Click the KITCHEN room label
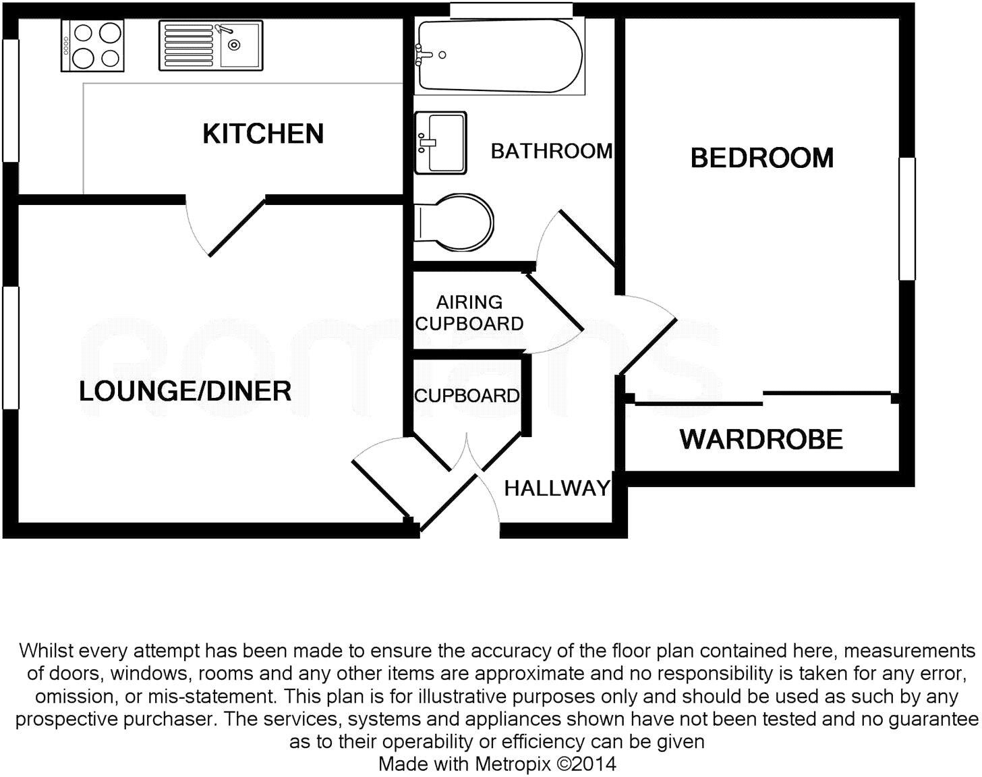(263, 134)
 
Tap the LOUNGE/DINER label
(185, 391)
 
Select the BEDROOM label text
(762, 158)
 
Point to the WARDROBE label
(761, 439)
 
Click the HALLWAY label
(557, 488)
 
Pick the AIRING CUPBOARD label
(469, 313)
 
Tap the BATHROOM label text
(552, 151)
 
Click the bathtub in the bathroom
(499, 56)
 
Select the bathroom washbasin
(440, 142)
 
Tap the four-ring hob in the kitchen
(92, 45)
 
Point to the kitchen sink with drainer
(210, 45)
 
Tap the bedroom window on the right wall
(907, 218)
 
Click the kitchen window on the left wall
(10, 100)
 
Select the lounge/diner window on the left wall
(10, 347)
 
